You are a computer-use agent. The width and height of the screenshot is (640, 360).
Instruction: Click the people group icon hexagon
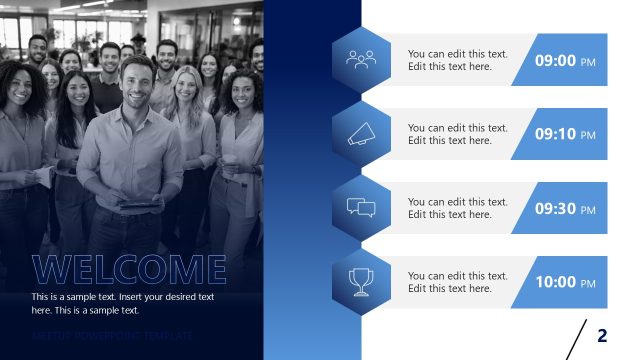(x=361, y=60)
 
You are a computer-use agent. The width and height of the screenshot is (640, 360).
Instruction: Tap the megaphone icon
(x=361, y=134)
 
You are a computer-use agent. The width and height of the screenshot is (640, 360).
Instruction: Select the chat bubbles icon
(x=361, y=208)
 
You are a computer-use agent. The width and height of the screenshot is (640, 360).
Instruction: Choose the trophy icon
(x=361, y=282)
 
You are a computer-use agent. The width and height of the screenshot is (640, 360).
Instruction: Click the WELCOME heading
(x=129, y=269)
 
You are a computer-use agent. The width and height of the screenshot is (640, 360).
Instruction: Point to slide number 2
(x=602, y=335)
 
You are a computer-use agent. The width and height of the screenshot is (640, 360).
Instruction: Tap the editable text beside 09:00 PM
(x=457, y=60)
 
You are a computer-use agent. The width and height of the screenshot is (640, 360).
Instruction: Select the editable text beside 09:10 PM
(x=457, y=134)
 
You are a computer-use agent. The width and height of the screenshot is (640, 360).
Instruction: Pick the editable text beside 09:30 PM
(x=457, y=208)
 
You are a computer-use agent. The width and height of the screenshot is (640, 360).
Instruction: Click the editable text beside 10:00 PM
(x=457, y=282)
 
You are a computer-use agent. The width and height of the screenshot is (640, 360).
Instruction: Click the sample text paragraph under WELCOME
(x=122, y=303)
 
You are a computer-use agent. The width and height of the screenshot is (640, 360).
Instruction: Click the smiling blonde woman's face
(x=187, y=87)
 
